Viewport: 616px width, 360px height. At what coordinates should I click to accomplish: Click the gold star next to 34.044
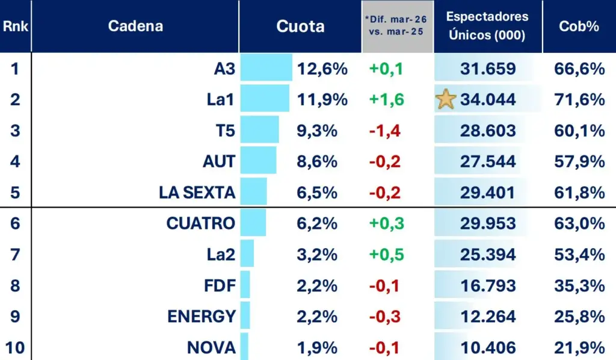[x=446, y=99]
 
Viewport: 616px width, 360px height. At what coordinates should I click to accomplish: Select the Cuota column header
[x=300, y=26]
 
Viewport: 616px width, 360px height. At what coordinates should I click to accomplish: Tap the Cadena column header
[x=135, y=26]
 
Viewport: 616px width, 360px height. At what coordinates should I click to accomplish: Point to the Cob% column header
[x=579, y=26]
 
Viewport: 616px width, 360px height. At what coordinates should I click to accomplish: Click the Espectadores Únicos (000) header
[x=487, y=26]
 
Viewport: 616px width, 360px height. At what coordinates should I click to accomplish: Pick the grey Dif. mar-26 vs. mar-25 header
[x=397, y=26]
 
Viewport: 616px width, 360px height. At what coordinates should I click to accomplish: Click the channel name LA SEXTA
[x=197, y=193]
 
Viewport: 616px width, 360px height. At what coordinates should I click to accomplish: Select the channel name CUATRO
[x=200, y=223]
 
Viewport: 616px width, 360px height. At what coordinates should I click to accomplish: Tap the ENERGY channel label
[x=201, y=316]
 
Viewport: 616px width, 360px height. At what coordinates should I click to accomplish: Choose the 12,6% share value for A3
[x=322, y=69]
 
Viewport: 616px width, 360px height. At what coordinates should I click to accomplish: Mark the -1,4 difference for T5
[x=385, y=131]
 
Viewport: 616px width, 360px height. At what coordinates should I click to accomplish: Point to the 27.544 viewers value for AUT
[x=488, y=161]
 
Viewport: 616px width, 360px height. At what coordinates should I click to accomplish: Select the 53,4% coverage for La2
[x=579, y=254]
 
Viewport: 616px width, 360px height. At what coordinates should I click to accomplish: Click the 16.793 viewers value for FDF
[x=488, y=285]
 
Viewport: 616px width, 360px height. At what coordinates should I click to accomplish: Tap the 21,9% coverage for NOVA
[x=579, y=347]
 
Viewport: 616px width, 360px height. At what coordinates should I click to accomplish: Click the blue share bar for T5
[x=260, y=130]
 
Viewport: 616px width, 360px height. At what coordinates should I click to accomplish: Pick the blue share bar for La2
[x=247, y=253]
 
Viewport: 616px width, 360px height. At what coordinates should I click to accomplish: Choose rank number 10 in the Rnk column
[x=15, y=347]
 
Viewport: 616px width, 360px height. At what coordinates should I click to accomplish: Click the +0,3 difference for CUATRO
[x=386, y=223]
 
